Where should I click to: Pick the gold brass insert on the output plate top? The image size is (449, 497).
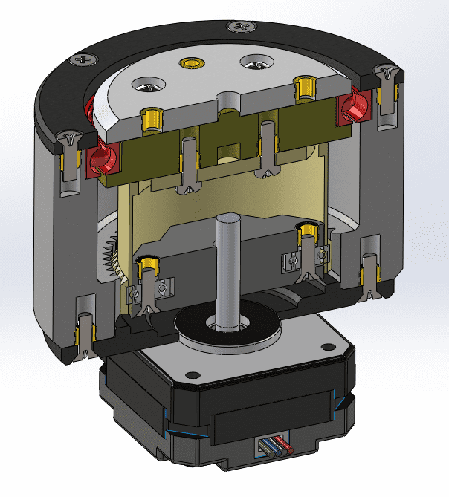coord(195,64)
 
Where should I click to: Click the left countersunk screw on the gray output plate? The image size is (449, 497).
coord(146,88)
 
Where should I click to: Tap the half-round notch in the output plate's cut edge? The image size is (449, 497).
coord(226,100)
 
